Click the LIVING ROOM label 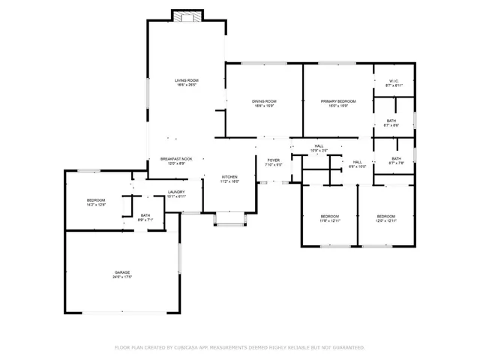point(187,80)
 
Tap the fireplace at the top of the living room point(187,16)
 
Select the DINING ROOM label point(264,101)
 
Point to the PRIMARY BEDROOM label point(338,101)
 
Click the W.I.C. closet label point(394,81)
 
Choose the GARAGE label point(122,272)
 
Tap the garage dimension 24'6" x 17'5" point(122,277)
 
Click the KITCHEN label point(229,177)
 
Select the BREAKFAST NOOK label point(176,159)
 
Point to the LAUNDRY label point(176,192)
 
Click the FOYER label point(274,160)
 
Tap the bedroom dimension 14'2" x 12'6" point(96,205)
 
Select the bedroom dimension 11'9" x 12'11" point(330,221)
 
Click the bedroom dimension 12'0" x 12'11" point(386,221)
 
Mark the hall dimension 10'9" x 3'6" point(319,151)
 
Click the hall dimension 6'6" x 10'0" point(358,166)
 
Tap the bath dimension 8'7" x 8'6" point(391,125)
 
